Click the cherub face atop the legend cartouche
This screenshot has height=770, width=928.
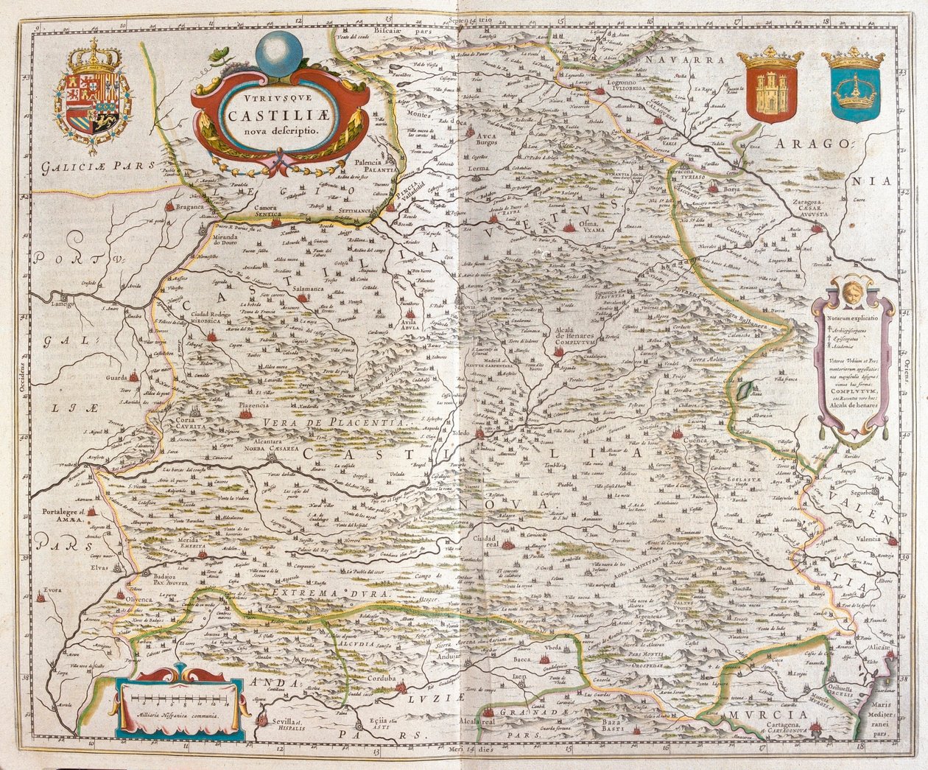[853, 287]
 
